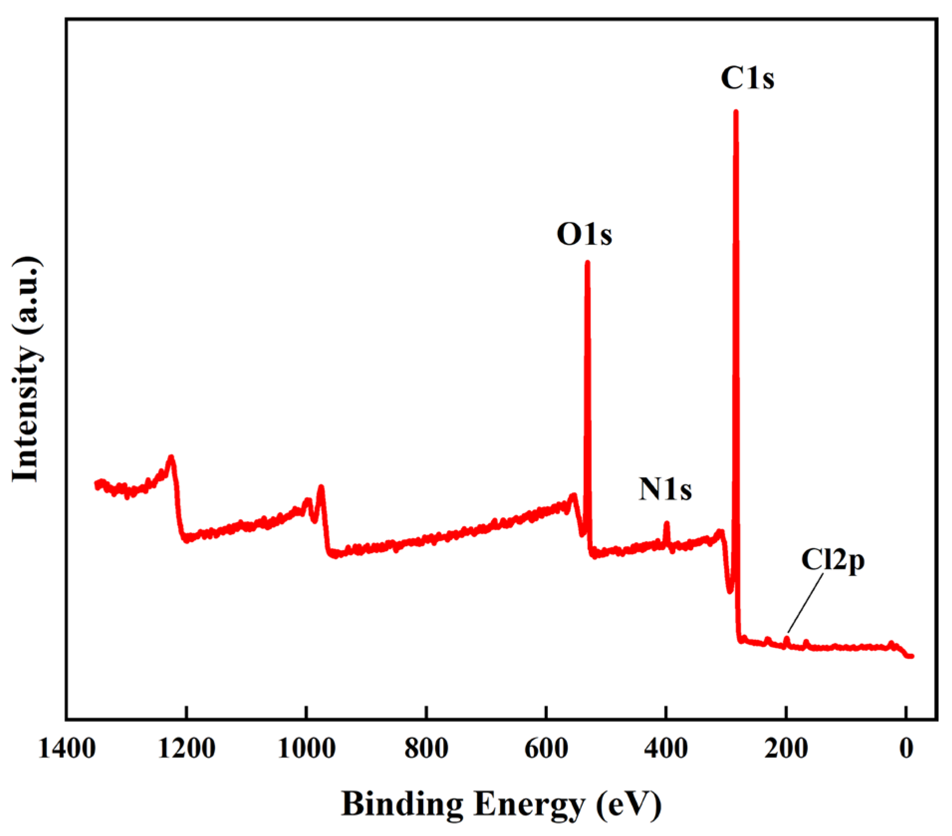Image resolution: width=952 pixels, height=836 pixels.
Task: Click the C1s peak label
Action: (x=747, y=79)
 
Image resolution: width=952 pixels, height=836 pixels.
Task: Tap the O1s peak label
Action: (x=584, y=234)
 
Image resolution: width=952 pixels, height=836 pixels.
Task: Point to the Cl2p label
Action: (x=832, y=560)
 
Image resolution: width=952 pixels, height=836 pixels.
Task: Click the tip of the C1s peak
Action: (x=736, y=113)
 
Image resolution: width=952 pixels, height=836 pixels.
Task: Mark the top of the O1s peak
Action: (x=587, y=263)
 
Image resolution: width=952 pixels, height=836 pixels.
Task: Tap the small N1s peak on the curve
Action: (x=666, y=525)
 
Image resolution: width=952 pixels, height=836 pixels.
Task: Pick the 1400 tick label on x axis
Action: (x=67, y=749)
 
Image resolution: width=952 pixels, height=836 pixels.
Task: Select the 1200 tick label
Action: (x=186, y=749)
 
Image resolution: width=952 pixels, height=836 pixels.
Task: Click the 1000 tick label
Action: (x=307, y=749)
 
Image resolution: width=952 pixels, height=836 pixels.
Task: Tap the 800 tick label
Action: (x=426, y=749)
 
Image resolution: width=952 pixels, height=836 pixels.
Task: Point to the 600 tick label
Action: (x=546, y=749)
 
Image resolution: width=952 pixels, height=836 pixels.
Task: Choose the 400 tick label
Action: (x=666, y=749)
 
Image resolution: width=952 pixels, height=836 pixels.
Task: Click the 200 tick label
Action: (x=786, y=749)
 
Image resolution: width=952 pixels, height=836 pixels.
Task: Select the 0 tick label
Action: (x=906, y=749)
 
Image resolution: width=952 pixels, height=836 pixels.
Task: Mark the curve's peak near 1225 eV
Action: (x=171, y=458)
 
